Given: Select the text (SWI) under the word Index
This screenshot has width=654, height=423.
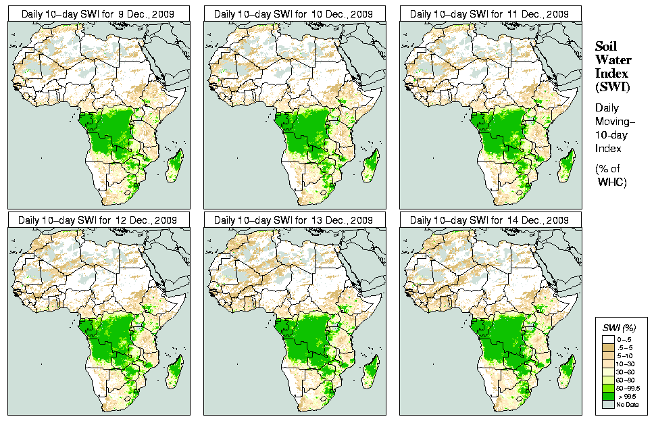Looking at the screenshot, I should coord(611,86).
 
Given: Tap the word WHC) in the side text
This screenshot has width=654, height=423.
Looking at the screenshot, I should coord(613,182).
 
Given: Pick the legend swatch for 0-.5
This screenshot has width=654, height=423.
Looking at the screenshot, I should coord(608,338).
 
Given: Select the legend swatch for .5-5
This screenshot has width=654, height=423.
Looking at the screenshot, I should coord(608,347).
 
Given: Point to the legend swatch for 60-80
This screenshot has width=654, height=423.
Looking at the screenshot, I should coord(608,379).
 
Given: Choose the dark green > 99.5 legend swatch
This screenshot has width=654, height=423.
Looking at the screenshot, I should coord(608,396).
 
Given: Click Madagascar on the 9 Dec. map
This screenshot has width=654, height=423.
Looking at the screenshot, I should coord(174,166).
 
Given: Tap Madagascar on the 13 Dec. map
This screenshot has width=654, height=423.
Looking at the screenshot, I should coord(371,372).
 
